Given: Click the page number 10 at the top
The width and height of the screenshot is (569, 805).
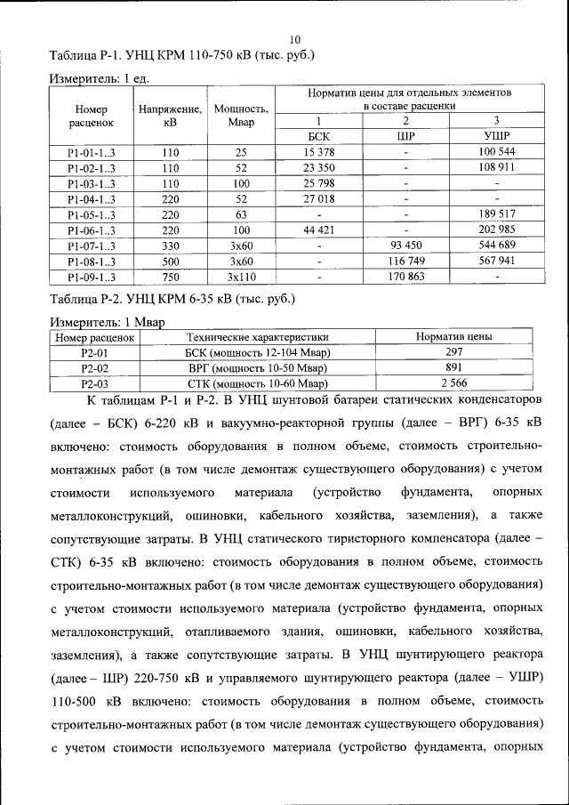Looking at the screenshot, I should [x=295, y=39].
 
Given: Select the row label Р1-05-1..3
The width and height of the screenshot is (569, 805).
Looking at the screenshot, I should [x=92, y=214].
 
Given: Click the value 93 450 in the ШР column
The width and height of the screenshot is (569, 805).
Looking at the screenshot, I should [x=405, y=246].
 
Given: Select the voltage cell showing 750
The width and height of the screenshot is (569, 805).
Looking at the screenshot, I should [x=171, y=277].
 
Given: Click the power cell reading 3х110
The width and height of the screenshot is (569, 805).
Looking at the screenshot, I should [x=241, y=277].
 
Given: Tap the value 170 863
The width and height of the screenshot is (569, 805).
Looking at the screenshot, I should [x=405, y=277].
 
